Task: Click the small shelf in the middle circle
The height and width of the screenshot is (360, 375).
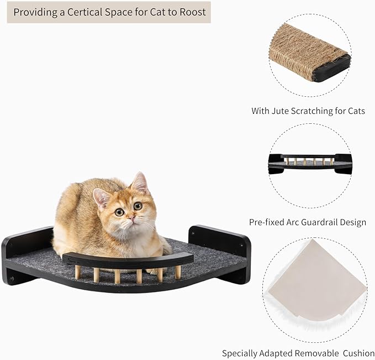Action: point(310,164)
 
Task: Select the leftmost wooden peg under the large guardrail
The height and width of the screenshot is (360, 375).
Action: point(78,272)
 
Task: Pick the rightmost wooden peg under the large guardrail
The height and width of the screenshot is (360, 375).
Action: point(178,272)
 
